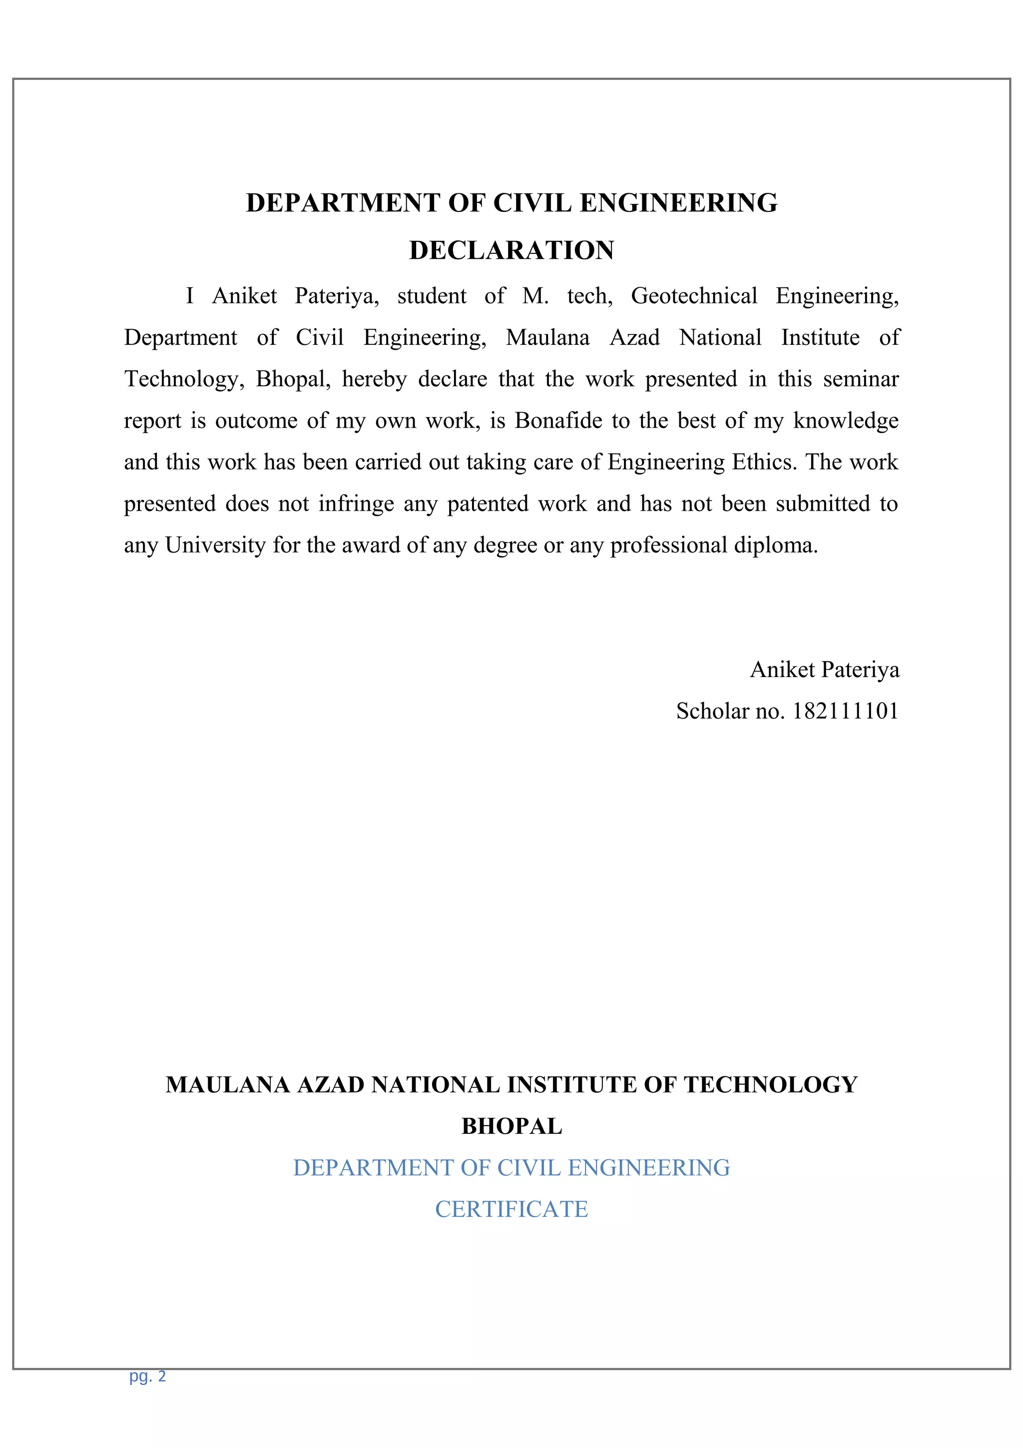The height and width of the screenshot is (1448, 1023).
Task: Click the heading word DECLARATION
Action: click(x=511, y=250)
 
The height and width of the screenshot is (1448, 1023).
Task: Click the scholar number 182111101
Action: click(x=845, y=712)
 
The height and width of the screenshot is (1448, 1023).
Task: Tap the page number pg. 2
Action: click(x=147, y=1376)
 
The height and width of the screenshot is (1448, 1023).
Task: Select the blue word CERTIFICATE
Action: click(x=511, y=1210)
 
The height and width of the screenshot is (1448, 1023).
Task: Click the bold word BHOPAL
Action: click(x=511, y=1126)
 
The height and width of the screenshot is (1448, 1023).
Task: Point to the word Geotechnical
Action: click(x=693, y=296)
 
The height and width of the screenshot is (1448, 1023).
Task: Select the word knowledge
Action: click(x=845, y=421)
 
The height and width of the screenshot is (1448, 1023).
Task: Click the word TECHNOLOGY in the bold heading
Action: click(x=770, y=1085)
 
